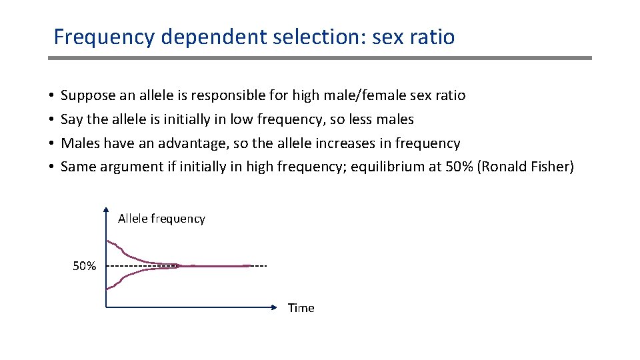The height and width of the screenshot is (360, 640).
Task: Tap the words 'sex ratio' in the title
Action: (413, 37)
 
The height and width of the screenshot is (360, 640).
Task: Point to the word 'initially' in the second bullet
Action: (199, 120)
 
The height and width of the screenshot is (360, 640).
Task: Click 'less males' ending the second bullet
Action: (382, 120)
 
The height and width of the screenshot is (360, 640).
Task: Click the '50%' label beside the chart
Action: (85, 267)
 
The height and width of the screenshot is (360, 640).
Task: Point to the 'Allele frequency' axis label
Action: (161, 219)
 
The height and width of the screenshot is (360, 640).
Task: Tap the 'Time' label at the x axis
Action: (301, 308)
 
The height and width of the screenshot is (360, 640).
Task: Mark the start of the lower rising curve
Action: (107, 289)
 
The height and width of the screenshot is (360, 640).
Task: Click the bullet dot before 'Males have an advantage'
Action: (51, 144)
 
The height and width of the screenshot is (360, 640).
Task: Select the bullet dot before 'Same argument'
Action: (51, 167)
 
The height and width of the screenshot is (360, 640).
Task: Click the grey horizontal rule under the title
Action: (320, 58)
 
